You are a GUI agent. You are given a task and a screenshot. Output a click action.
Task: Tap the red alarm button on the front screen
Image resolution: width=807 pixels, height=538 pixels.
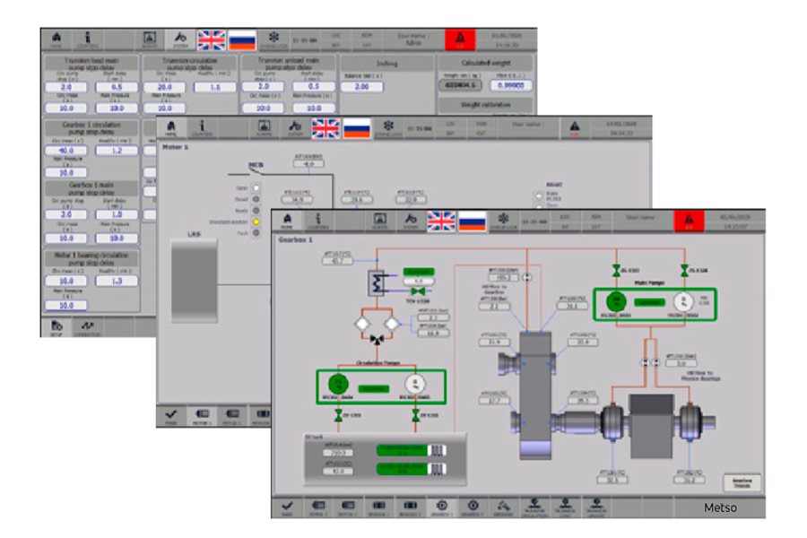click(x=687, y=221)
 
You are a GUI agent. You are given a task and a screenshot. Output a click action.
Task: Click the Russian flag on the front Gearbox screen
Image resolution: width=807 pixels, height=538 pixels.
click(x=471, y=221)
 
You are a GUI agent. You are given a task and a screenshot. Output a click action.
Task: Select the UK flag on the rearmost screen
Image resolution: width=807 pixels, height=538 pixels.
click(x=212, y=39)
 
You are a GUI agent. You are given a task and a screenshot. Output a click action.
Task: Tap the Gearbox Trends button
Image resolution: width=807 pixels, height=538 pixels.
click(x=741, y=483)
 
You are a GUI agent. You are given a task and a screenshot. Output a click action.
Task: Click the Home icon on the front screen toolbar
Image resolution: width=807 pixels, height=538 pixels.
click(x=287, y=220)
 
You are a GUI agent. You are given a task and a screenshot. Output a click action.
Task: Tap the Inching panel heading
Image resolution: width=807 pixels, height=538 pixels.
click(x=388, y=64)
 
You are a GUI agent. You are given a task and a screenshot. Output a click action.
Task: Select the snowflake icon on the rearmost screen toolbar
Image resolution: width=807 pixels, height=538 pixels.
click(x=274, y=39)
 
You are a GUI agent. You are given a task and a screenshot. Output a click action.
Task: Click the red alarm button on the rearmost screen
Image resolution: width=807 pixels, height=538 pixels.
click(x=459, y=39)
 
